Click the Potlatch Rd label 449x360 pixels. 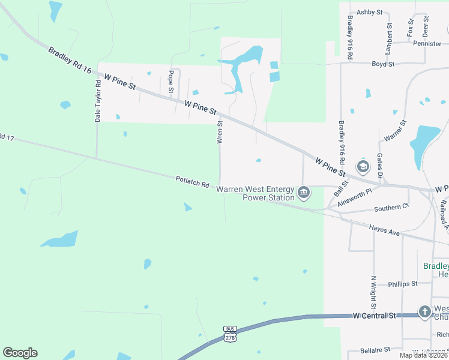[x=192, y=181]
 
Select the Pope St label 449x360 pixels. [x=171, y=82]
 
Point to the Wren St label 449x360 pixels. [x=220, y=132]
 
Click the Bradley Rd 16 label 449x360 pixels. [x=70, y=61]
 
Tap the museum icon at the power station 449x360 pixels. [x=304, y=193]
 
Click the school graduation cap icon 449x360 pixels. [x=363, y=166]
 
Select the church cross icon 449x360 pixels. [x=424, y=311]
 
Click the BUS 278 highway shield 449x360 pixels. [x=230, y=334]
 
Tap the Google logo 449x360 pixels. [x=20, y=353]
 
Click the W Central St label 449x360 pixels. [x=376, y=315]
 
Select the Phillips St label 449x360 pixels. [x=403, y=284]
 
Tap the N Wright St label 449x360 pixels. [x=373, y=290]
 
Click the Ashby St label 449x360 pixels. [x=370, y=12]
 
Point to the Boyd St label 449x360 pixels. [x=383, y=64]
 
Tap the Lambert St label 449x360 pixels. [x=389, y=37]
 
